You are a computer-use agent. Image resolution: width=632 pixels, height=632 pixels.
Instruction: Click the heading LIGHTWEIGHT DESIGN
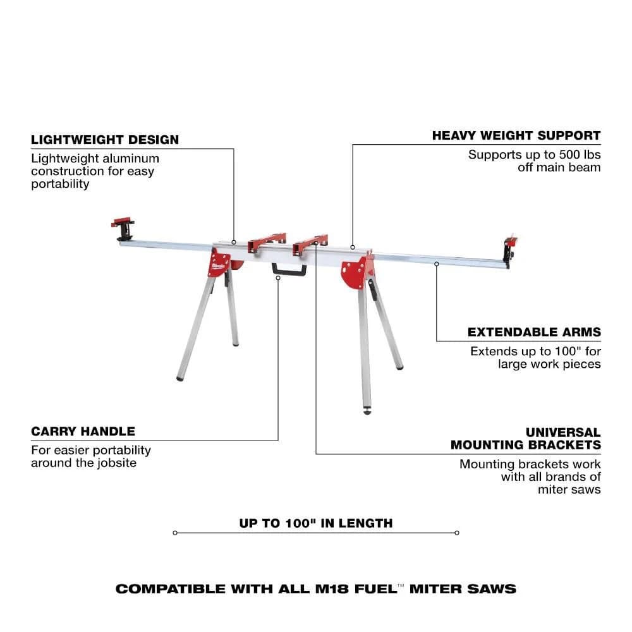[x=105, y=140]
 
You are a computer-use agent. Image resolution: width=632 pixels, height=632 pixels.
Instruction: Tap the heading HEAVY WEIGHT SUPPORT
[x=516, y=135]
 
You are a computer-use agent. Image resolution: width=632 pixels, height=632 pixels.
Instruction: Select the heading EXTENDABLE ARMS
[x=534, y=332]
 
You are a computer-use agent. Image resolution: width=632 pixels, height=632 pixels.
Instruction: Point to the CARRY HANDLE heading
[x=83, y=432]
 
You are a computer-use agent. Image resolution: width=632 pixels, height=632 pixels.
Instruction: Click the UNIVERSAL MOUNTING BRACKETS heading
[x=526, y=439]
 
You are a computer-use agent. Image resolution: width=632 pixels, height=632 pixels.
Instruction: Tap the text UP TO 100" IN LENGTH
[x=316, y=523]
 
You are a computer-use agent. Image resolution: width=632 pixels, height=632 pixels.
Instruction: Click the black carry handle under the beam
[x=289, y=270]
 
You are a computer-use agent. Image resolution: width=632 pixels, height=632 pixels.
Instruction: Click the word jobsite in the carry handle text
[x=116, y=463]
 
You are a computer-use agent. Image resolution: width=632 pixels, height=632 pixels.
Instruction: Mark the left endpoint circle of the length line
[x=175, y=533]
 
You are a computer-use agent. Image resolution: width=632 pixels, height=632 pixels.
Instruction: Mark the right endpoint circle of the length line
[x=457, y=533]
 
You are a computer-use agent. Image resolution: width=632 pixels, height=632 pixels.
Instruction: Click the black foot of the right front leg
[x=367, y=410]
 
